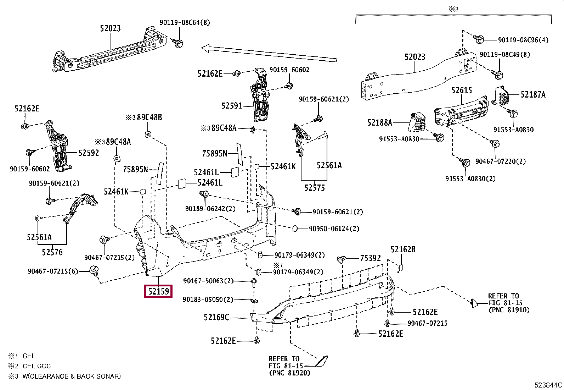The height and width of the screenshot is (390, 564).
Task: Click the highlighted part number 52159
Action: pyautogui.click(x=158, y=291)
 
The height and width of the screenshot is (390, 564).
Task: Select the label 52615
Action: pyautogui.click(x=461, y=90)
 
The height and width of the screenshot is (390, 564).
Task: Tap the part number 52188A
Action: pyautogui.click(x=379, y=123)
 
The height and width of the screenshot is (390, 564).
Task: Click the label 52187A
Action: pyautogui.click(x=533, y=94)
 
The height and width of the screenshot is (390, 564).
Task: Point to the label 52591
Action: pyautogui.click(x=231, y=106)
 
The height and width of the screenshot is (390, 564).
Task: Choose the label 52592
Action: pyautogui.click(x=89, y=153)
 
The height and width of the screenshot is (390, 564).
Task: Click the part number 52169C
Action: pyautogui.click(x=216, y=317)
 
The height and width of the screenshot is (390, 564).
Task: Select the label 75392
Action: pyautogui.click(x=370, y=258)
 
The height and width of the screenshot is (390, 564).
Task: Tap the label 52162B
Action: pyautogui.click(x=403, y=249)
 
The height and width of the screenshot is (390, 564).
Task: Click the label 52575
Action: pyautogui.click(x=314, y=188)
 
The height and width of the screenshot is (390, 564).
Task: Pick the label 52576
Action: pyautogui.click(x=52, y=252)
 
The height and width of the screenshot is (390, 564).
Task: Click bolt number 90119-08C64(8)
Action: pyautogui.click(x=185, y=22)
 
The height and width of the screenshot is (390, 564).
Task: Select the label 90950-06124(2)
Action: pyautogui.click(x=334, y=229)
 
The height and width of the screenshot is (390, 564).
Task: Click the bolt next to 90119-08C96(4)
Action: pyautogui.click(x=479, y=39)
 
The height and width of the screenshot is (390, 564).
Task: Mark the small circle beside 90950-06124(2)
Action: pyautogui.click(x=295, y=229)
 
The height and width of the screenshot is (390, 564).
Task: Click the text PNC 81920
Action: pyautogui.click(x=289, y=373)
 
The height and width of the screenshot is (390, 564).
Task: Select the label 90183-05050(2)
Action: pyautogui.click(x=208, y=300)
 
